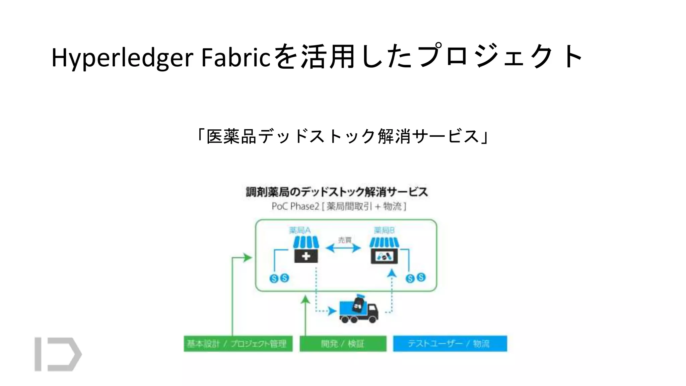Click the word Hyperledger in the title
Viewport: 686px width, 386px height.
click(x=122, y=58)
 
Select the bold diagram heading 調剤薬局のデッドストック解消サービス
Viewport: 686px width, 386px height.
click(x=337, y=192)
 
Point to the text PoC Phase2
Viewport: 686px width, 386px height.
click(x=295, y=206)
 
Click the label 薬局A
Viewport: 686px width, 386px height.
click(x=299, y=230)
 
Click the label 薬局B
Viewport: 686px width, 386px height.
click(x=384, y=230)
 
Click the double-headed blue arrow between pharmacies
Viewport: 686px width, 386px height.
click(x=343, y=248)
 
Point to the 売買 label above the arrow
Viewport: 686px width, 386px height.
click(x=345, y=240)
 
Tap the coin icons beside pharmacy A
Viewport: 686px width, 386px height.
click(x=279, y=278)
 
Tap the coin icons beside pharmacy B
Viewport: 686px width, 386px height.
click(x=415, y=278)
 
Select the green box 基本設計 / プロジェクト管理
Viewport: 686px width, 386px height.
click(x=238, y=343)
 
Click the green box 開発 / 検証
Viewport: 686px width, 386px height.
click(x=343, y=343)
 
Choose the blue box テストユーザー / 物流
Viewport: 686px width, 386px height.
click(x=450, y=343)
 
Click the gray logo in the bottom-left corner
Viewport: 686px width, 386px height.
click(x=58, y=354)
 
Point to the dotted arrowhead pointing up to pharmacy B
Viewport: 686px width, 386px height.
click(x=392, y=274)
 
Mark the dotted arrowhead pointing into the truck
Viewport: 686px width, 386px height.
click(x=332, y=311)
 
